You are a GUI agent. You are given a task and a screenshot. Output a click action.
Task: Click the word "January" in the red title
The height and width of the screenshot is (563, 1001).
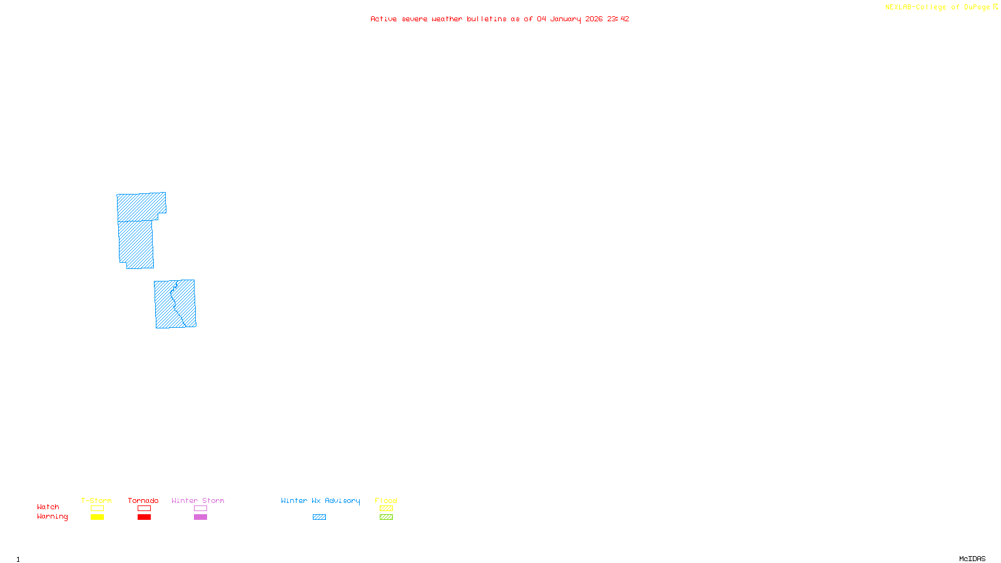(566, 19)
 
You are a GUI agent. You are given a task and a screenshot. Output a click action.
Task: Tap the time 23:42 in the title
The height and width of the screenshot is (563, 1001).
(618, 19)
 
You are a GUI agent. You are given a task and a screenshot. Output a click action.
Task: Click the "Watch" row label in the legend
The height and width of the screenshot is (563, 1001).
(48, 507)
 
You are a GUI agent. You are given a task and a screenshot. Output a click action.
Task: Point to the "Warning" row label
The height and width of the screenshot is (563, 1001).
(52, 517)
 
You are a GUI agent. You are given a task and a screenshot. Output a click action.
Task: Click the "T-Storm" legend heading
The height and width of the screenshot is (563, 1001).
(96, 500)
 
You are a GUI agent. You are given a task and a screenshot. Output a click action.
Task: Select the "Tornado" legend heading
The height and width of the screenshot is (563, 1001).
(143, 500)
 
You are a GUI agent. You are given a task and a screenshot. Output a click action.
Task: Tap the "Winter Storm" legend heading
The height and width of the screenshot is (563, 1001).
(198, 500)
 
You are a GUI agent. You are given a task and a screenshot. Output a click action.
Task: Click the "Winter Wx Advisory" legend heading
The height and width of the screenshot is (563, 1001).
(320, 500)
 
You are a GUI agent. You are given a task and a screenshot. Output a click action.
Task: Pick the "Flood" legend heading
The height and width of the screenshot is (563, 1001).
(386, 500)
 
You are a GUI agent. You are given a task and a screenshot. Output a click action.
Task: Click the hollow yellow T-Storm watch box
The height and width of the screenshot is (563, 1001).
(97, 509)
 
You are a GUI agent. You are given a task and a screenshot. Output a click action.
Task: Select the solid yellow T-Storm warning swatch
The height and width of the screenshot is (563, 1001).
(97, 517)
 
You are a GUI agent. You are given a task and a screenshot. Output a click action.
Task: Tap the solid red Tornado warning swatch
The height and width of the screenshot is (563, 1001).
(144, 517)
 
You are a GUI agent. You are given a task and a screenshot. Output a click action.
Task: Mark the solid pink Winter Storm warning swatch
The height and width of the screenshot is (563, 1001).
(200, 517)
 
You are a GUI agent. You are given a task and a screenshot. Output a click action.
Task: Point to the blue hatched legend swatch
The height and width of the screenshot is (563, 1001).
(319, 517)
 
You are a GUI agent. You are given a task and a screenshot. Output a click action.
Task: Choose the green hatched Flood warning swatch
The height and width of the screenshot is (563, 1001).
(386, 517)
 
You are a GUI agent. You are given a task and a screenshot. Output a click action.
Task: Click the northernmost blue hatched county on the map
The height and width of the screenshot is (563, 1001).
(141, 206)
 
